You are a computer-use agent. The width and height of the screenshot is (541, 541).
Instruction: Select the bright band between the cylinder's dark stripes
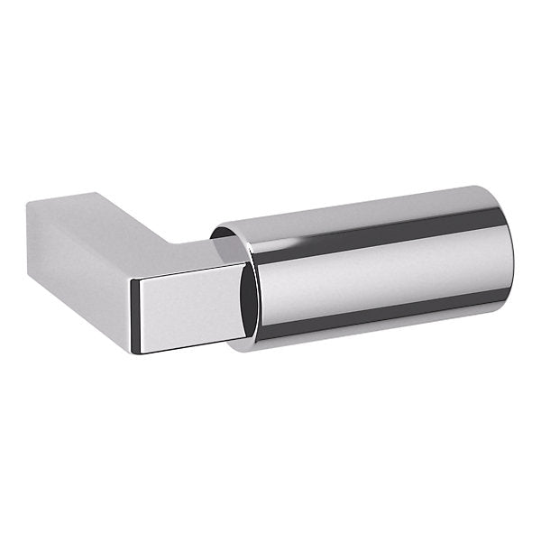379,270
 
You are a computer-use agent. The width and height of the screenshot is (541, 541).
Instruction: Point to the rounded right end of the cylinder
509,252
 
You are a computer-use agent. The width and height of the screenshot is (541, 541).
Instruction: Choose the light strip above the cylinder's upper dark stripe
379,204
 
